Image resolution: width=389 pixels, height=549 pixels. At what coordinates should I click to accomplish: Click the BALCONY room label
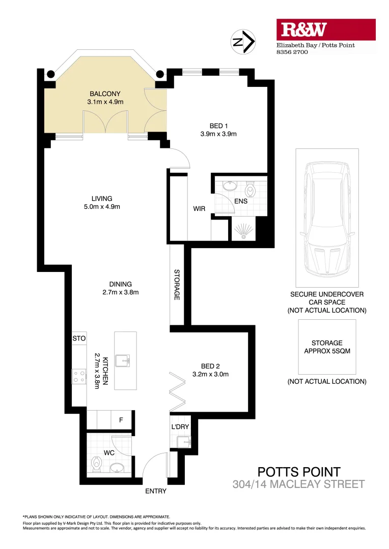[x=105, y=94]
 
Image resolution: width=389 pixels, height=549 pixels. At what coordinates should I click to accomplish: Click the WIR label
[x=199, y=208]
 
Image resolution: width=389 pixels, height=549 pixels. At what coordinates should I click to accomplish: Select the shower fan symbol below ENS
[x=243, y=232]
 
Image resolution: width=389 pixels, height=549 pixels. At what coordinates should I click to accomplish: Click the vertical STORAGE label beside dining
[x=177, y=284]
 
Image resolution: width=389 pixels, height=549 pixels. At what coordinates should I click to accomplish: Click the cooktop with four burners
[x=79, y=376]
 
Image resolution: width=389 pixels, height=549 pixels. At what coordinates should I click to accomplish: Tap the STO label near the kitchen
[x=79, y=338]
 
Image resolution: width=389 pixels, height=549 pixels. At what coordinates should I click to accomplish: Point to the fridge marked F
[x=121, y=420]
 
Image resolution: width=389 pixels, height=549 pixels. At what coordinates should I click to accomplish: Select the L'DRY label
[x=180, y=427]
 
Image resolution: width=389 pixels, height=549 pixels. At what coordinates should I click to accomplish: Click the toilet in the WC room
[x=97, y=464]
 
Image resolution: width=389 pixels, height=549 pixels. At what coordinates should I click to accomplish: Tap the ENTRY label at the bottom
[x=155, y=492]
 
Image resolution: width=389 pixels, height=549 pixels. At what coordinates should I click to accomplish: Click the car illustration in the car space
[x=326, y=219]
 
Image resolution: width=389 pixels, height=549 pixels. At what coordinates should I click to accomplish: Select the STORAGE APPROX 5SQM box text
[x=326, y=347]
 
